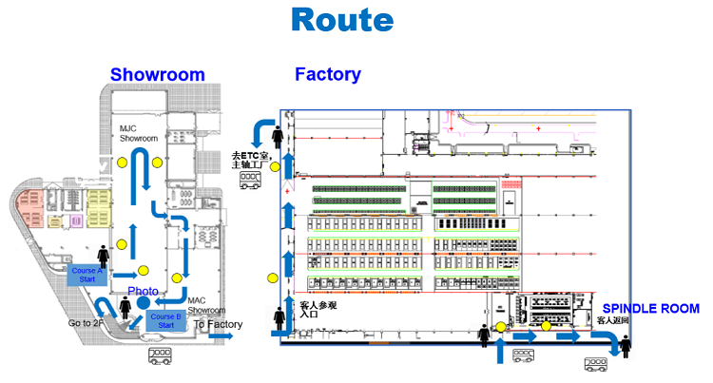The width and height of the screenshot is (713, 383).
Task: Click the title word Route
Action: click(x=341, y=19)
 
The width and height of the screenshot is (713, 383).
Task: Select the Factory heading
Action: click(x=327, y=74)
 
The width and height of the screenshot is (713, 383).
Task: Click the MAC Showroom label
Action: click(x=206, y=305)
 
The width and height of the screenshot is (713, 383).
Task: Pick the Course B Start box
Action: click(x=166, y=320)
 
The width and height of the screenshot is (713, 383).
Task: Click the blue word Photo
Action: click(x=143, y=290)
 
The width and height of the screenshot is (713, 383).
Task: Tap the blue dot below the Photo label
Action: click(x=143, y=302)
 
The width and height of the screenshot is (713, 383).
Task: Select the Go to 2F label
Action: click(x=87, y=323)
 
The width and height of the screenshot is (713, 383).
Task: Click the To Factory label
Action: click(x=218, y=324)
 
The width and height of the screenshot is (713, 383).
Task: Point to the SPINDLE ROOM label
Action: click(x=651, y=309)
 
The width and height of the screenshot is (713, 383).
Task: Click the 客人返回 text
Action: click(x=614, y=321)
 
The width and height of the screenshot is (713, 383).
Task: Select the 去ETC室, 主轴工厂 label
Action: click(x=252, y=160)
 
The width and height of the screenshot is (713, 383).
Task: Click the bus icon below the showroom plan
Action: click(x=159, y=357)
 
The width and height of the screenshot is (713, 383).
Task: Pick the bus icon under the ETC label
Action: click(x=251, y=182)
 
